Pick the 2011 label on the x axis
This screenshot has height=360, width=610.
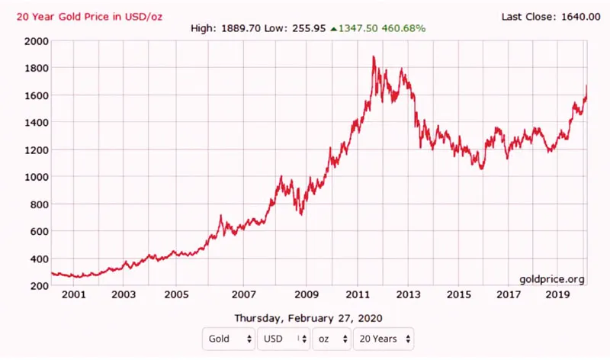click(359, 294)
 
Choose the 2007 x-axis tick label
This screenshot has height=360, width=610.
click(243, 294)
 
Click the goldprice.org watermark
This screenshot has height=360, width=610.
click(552, 279)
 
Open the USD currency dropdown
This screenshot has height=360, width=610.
click(283, 338)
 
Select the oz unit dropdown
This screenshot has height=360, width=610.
click(331, 338)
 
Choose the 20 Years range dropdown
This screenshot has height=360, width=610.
click(383, 338)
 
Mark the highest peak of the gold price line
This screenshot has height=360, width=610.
click(374, 56)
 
